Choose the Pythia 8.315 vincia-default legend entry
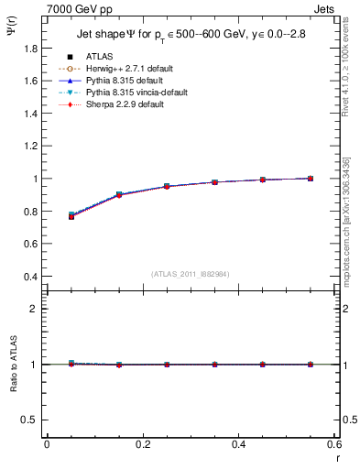click(136, 93)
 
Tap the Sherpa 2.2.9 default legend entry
click(124, 104)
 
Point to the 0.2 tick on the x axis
click(142, 444)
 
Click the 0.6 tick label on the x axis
click(334, 444)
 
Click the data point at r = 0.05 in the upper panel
click(71, 215)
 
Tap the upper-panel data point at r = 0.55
click(311, 179)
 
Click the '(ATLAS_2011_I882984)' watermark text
click(191, 274)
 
